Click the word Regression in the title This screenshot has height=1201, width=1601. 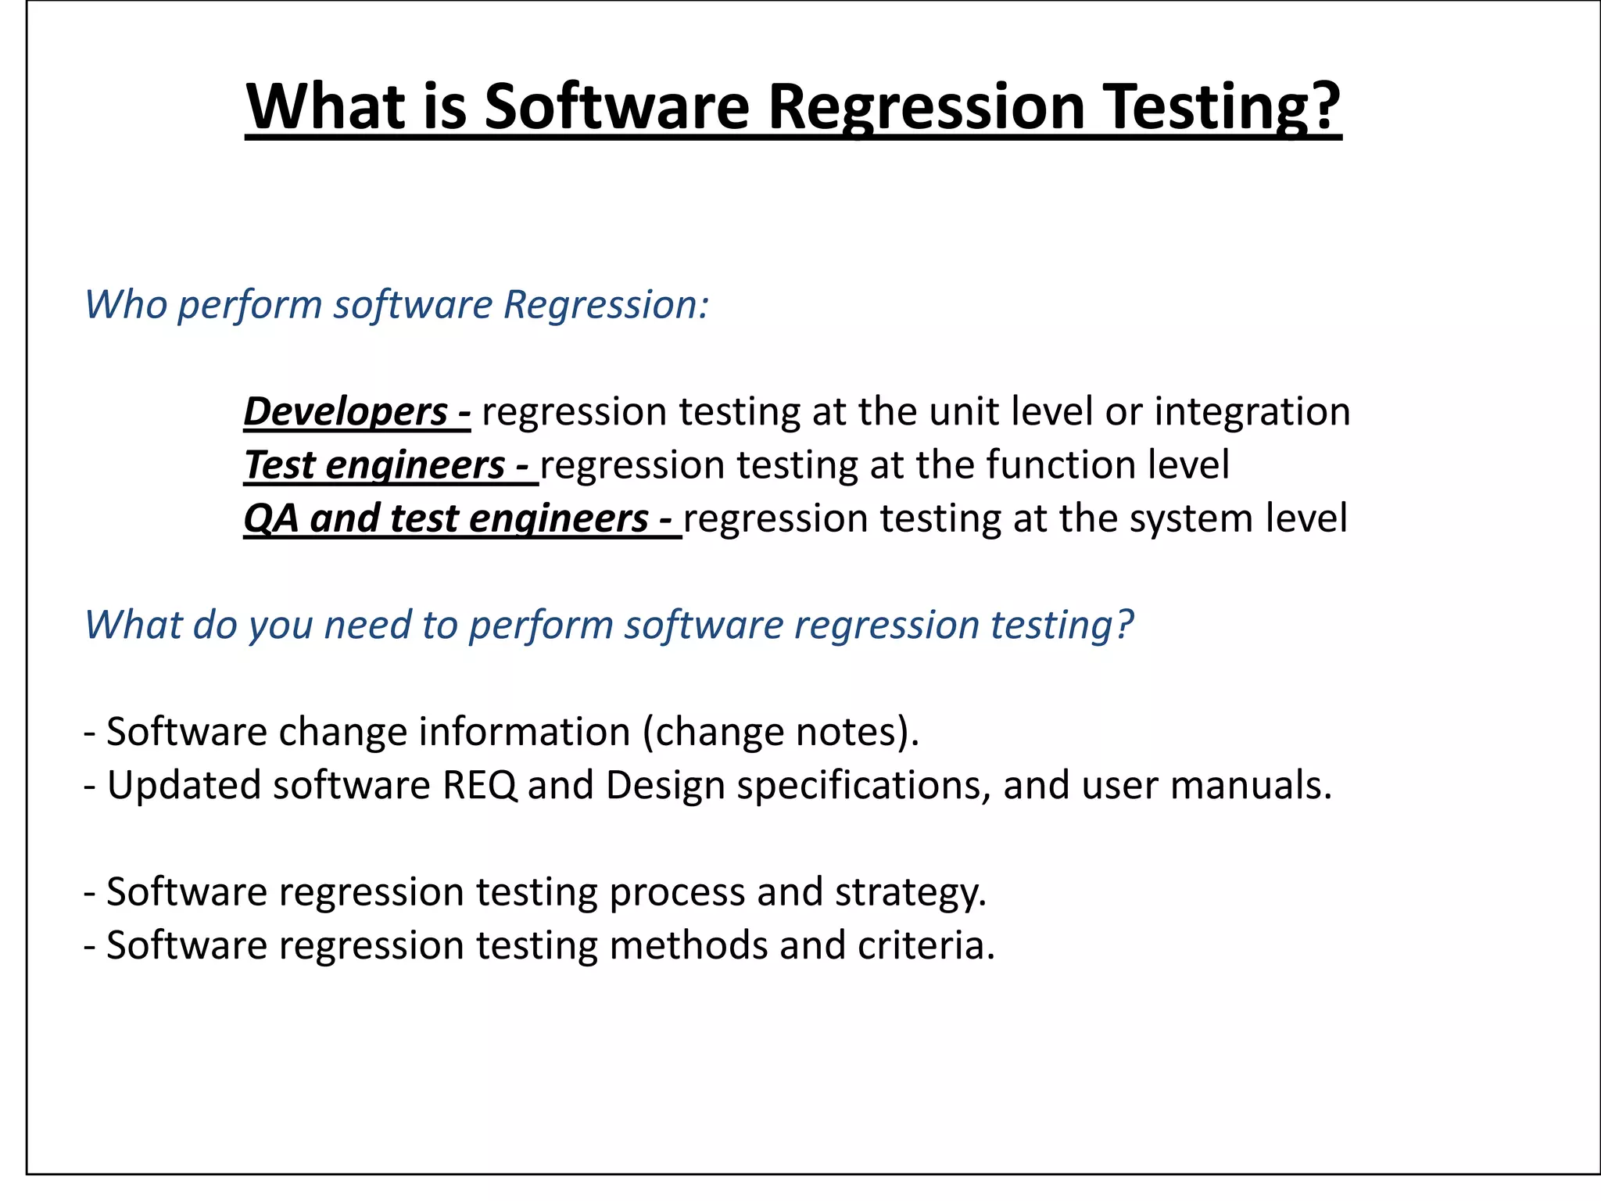pyautogui.click(x=926, y=107)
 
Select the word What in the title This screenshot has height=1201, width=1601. pyautogui.click(x=329, y=107)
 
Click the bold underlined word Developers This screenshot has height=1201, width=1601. pyautogui.click(x=346, y=412)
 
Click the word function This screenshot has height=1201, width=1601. pyautogui.click(x=1060, y=465)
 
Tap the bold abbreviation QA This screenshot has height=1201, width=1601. pyautogui.click(x=270, y=519)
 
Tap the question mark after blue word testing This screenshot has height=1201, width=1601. pyautogui.click(x=1124, y=625)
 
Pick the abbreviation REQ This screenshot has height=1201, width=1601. pyautogui.click(x=478, y=786)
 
